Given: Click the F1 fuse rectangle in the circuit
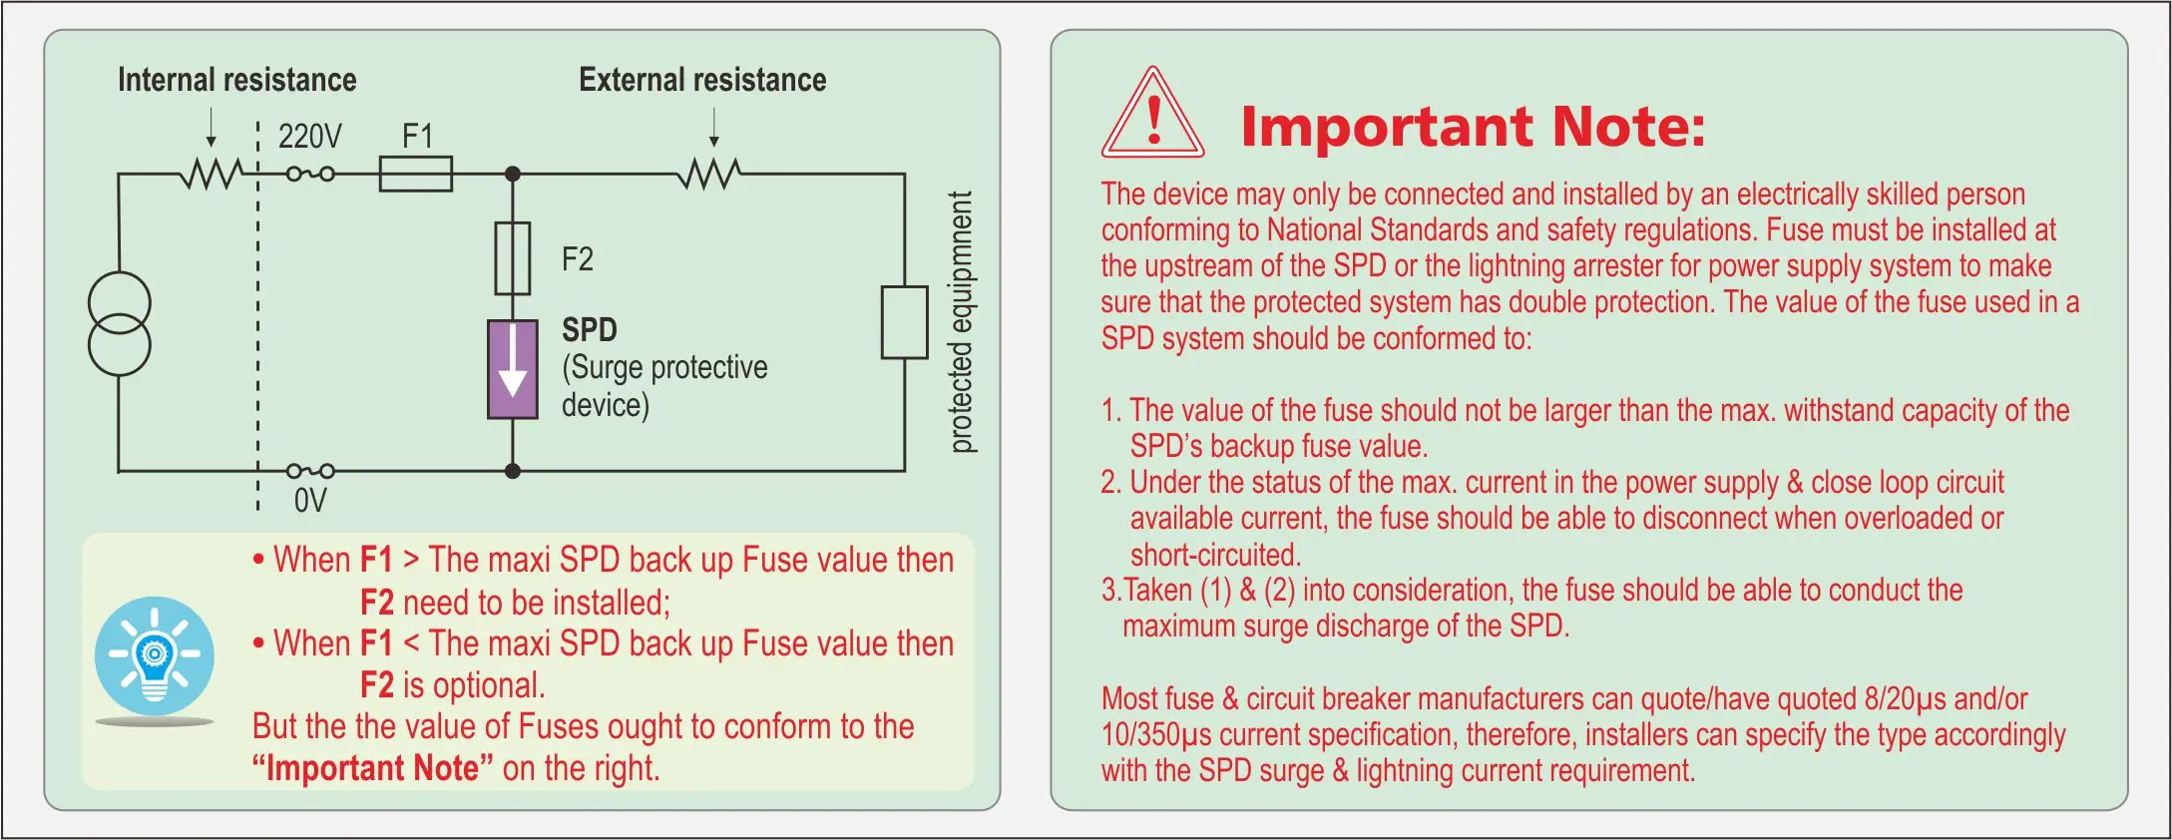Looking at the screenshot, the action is (415, 174).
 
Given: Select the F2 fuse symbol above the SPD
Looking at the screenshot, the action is (513, 257).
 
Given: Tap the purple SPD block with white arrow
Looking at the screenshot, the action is (513, 369).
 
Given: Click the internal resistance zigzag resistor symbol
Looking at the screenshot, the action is (211, 174).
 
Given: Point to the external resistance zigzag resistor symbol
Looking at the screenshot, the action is (709, 174).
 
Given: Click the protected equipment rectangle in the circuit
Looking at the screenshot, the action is (904, 322).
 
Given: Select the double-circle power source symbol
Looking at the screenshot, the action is (120, 324).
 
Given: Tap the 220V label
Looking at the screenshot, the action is (309, 136).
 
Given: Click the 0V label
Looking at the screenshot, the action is (309, 500).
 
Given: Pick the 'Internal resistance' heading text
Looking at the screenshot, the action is (236, 80).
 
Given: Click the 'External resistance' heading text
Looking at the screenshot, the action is (702, 80).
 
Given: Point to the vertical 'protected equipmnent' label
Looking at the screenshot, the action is (960, 322).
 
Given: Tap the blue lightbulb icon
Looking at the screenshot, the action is (155, 656).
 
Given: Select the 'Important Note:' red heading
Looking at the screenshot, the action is (1473, 127).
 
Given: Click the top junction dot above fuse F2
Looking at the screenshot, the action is (513, 174).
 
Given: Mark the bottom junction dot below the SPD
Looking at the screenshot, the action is (513, 471).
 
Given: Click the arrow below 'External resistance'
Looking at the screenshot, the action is (713, 127).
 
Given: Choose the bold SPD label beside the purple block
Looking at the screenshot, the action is (589, 329).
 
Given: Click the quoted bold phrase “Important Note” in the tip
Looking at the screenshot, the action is (372, 768).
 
